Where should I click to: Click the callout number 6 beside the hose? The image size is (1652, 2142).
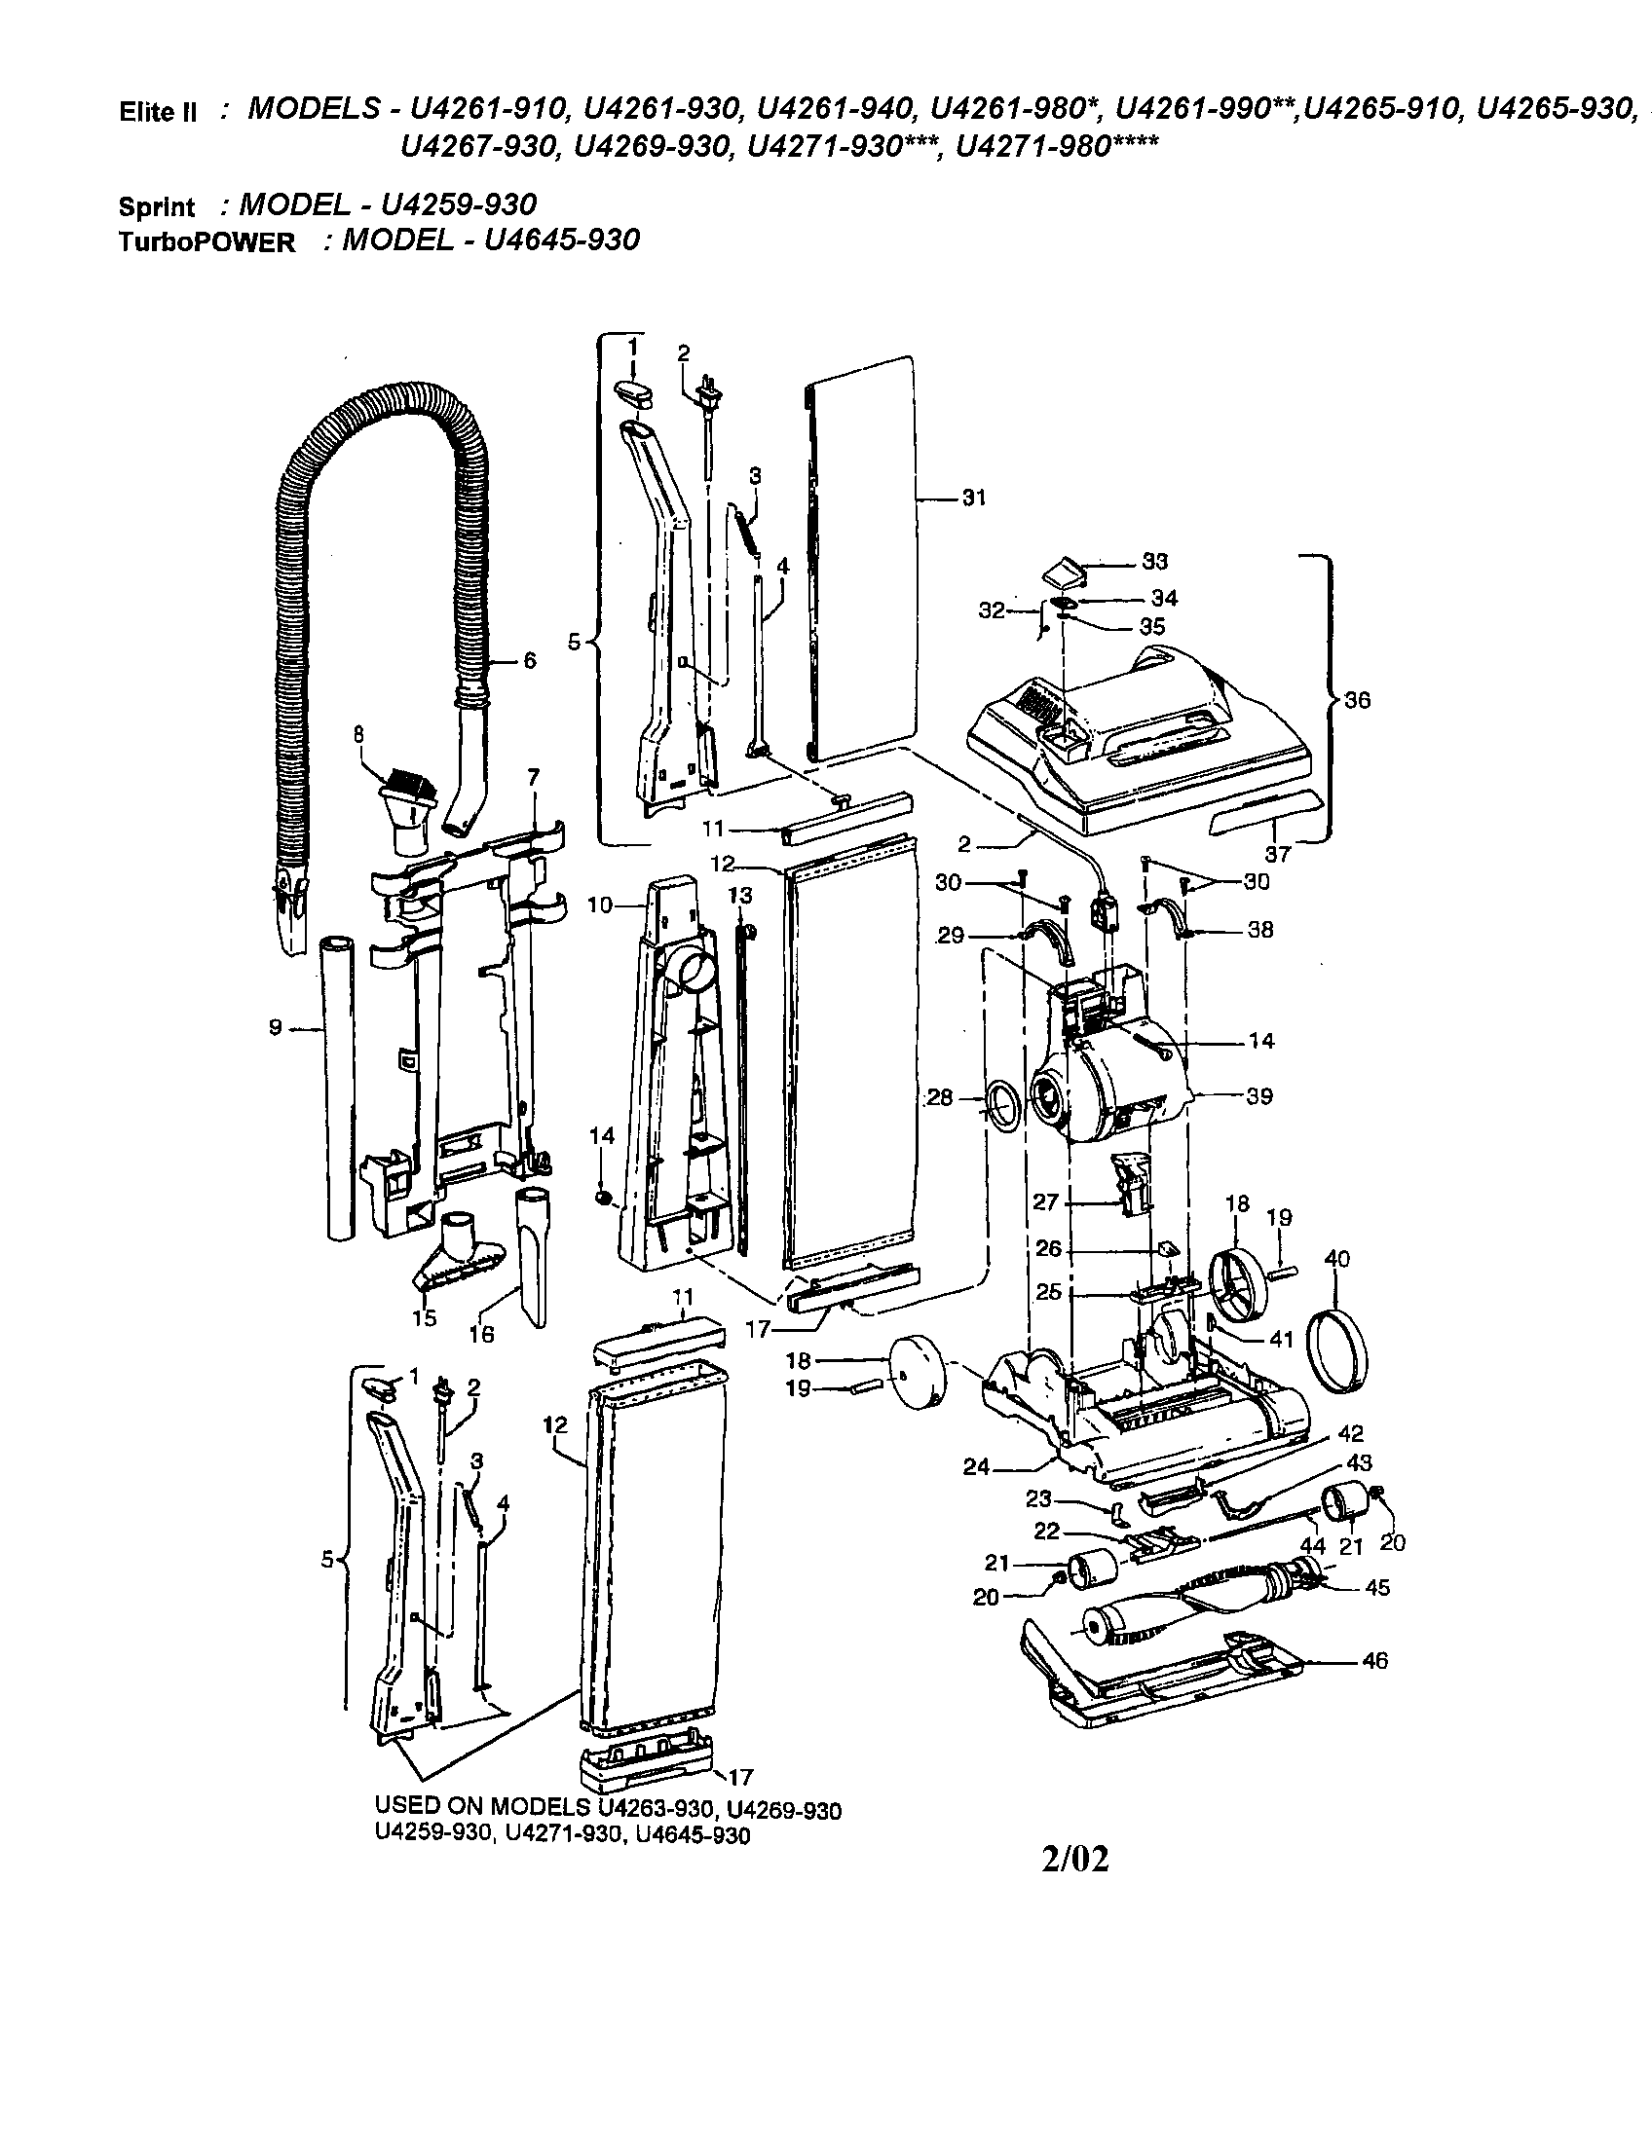pos(530,661)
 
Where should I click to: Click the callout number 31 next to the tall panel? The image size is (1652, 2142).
pos(973,499)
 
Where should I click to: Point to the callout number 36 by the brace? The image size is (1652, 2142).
pos(1359,700)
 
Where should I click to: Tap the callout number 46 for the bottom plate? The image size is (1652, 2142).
pos(1375,1660)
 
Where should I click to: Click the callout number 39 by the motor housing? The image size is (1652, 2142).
pos(1259,1095)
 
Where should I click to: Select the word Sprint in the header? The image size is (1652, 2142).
pos(157,208)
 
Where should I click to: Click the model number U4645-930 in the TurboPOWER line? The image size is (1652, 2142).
pos(556,240)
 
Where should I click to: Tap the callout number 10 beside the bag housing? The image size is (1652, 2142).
pos(600,905)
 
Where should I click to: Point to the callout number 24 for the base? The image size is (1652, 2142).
pos(976,1467)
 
